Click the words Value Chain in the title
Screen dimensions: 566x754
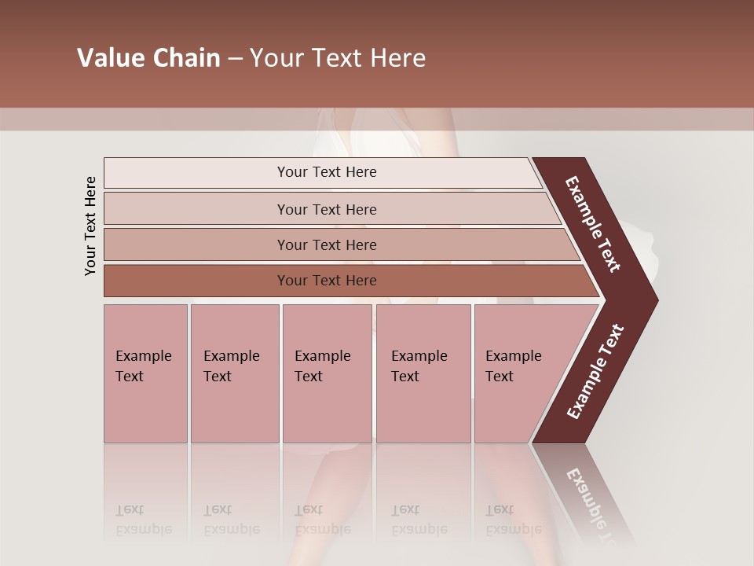point(148,58)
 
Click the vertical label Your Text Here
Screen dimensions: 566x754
point(90,226)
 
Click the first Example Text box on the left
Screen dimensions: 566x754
point(145,373)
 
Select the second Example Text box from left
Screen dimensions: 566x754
point(235,373)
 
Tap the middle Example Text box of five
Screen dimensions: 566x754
point(327,373)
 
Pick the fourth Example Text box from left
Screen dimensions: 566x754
point(423,373)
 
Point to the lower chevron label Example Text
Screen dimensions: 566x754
point(595,372)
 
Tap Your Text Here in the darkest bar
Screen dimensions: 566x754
point(327,281)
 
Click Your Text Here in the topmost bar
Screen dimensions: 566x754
point(327,172)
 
